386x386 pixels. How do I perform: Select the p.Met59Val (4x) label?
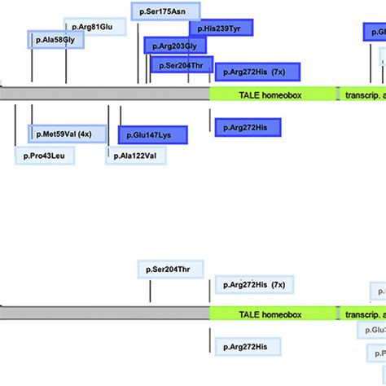pyautogui.click(x=66, y=134)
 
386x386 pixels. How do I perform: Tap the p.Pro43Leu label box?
pyautogui.click(x=44, y=155)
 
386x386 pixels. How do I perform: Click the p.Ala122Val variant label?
pyautogui.click(x=135, y=155)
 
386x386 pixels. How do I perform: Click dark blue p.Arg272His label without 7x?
pyautogui.click(x=245, y=126)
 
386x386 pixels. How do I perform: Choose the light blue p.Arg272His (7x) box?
pyautogui.click(x=254, y=285)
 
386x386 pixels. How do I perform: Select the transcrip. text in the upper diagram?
pyautogui.click(x=363, y=94)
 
